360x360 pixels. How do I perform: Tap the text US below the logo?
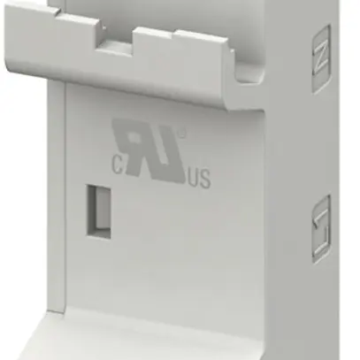(x=198, y=180)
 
